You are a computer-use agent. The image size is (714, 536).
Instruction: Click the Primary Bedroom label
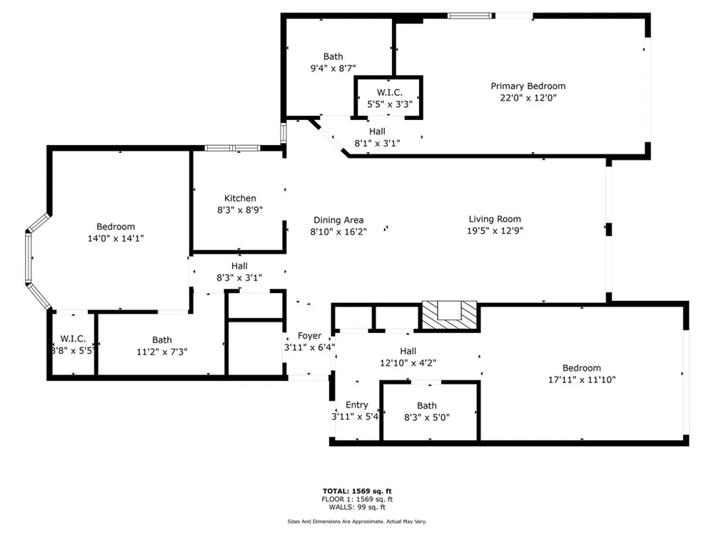[528, 86]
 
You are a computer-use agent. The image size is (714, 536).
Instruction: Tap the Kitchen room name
[240, 198]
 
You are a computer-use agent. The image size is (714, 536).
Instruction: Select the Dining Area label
[338, 220]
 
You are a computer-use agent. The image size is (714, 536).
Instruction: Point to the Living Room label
[495, 219]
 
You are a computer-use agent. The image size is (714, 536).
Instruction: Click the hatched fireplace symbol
[449, 314]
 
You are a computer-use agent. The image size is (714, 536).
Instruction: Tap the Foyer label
[309, 336]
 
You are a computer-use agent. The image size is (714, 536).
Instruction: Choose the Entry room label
[356, 405]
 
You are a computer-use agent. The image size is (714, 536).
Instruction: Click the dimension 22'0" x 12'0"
[528, 98]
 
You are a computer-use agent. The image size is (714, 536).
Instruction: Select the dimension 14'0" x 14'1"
[116, 239]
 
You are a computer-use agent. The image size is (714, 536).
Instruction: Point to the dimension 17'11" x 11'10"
[581, 379]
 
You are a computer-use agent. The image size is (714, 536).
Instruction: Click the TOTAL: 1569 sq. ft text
[357, 491]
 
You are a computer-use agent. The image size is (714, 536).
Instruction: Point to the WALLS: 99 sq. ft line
[357, 507]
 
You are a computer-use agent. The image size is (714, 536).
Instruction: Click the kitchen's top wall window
[232, 148]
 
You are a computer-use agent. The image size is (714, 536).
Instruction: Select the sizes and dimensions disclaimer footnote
[357, 522]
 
